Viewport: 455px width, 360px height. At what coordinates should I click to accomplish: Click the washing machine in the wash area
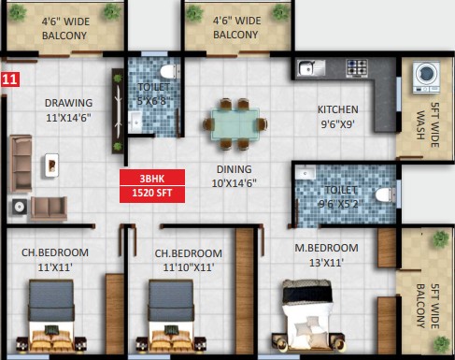point(426,77)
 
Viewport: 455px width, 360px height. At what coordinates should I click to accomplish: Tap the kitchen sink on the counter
point(311,67)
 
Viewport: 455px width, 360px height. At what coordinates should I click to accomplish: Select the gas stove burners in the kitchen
point(357,67)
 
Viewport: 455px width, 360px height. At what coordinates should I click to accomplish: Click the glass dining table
point(235,124)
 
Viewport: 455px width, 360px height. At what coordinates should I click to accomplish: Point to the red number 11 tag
point(10,79)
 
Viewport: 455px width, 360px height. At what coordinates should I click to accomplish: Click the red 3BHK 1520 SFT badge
point(152,186)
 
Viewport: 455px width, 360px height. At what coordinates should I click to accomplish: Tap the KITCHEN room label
point(338,109)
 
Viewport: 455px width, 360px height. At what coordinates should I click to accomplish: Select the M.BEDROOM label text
point(326,248)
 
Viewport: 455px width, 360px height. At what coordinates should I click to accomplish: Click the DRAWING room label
point(68,103)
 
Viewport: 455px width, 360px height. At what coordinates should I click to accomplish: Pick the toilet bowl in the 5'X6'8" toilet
point(169,72)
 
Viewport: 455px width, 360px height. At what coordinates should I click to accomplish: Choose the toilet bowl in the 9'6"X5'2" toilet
point(386,195)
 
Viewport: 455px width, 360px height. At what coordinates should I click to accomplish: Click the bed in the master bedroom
point(307,315)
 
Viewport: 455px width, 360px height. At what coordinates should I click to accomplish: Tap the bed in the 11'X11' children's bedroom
point(51,315)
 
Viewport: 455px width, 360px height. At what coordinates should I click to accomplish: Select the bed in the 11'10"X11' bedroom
point(171,315)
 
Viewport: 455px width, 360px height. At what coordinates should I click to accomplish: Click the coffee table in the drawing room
point(51,166)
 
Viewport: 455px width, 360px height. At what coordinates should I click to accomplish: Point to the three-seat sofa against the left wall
point(21,164)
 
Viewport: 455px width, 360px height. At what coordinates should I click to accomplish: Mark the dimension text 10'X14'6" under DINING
point(235,183)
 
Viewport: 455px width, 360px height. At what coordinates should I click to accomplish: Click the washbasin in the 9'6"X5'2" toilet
point(306,172)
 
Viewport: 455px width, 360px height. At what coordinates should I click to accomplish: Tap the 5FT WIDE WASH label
point(428,124)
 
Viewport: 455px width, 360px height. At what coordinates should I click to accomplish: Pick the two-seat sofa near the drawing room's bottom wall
point(49,209)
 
